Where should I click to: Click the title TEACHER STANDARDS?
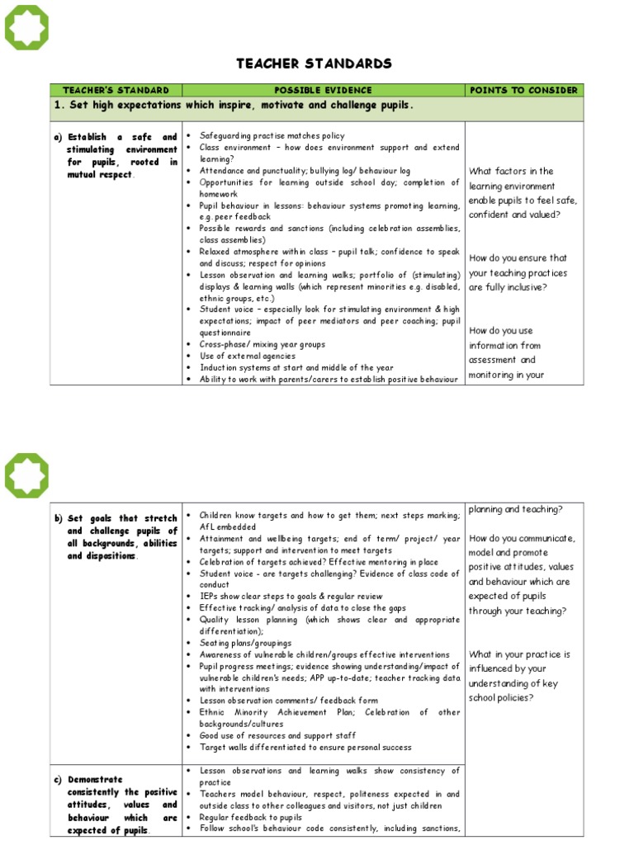pyautogui.click(x=314, y=64)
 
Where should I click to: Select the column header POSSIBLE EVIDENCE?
pyautogui.click(x=323, y=90)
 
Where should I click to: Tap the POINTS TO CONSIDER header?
pyautogui.click(x=524, y=90)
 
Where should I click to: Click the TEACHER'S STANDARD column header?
pyautogui.click(x=116, y=90)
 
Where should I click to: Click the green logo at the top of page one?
pyautogui.click(x=27, y=27)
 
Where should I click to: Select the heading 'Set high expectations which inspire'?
pyautogui.click(x=233, y=106)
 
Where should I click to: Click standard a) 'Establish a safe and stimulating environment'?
pyautogui.click(x=122, y=156)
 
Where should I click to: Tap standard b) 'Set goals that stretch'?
pyautogui.click(x=122, y=537)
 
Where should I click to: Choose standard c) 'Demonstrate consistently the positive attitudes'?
pyautogui.click(x=122, y=804)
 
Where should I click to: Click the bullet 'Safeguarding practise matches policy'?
pyautogui.click(x=272, y=135)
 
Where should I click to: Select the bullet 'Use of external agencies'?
pyautogui.click(x=247, y=356)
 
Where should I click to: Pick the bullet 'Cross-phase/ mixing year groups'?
pyautogui.click(x=262, y=344)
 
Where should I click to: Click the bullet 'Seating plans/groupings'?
pyautogui.click(x=245, y=642)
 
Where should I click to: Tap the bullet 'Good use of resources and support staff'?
pyautogui.click(x=278, y=735)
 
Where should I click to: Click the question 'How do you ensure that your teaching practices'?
pyautogui.click(x=518, y=272)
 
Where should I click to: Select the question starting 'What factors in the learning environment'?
pyautogui.click(x=523, y=192)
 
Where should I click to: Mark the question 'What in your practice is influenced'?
pyautogui.click(x=519, y=676)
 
